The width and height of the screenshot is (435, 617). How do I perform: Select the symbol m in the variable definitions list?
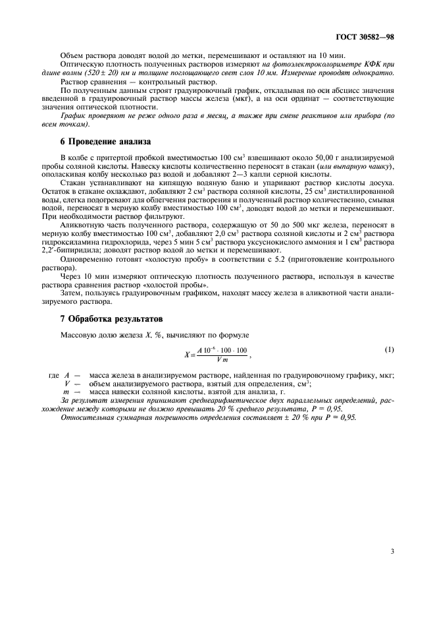click(66, 392)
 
